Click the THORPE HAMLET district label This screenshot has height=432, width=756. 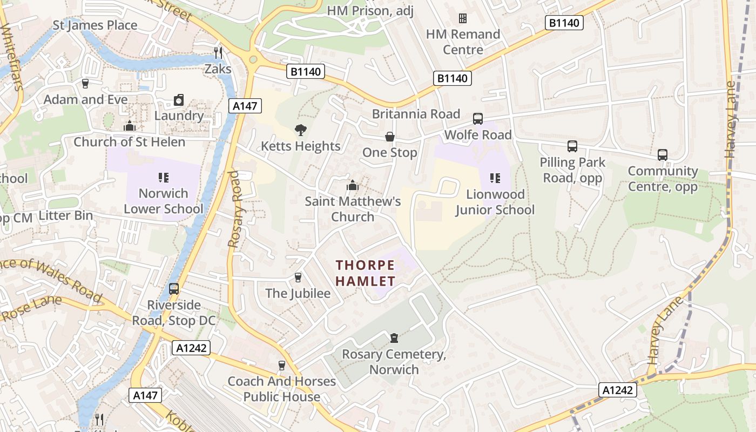[366, 273]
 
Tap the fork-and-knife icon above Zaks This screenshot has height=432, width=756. [218, 52]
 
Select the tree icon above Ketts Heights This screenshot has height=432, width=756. [301, 130]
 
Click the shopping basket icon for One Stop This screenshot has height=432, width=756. [389, 137]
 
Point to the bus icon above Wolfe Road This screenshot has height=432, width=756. [478, 119]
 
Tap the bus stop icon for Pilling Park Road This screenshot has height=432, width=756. [572, 146]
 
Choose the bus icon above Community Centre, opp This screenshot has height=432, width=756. [663, 155]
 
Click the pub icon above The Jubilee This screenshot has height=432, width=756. [298, 278]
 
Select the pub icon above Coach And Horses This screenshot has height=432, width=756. [281, 366]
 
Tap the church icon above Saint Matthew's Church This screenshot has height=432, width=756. [353, 186]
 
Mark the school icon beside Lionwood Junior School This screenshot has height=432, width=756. [495, 178]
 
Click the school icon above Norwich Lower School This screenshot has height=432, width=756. [164, 177]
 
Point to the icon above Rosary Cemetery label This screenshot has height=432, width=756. [394, 338]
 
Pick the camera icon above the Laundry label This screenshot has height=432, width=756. [179, 100]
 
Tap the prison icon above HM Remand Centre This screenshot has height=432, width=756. [463, 18]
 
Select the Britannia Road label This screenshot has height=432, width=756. [416, 114]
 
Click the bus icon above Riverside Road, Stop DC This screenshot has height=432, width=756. [174, 289]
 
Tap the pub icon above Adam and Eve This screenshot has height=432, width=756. [85, 84]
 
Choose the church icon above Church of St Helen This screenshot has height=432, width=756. [129, 126]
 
